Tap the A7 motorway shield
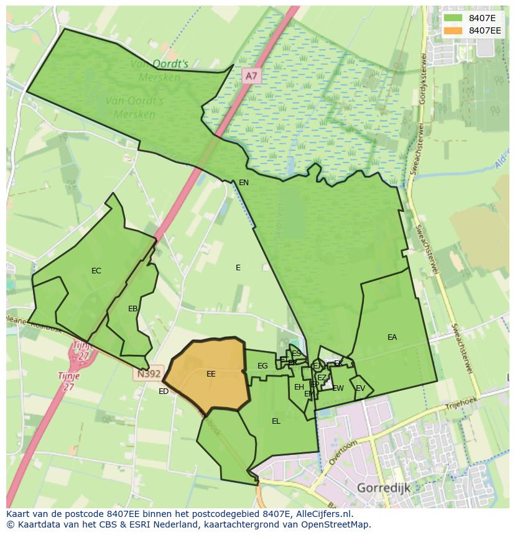(251, 76)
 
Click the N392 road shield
(148, 374)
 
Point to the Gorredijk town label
(383, 488)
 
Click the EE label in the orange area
(211, 374)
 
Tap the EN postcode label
(244, 183)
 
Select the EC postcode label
(96, 271)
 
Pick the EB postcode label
(132, 309)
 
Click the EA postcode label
(392, 337)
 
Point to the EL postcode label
(276, 421)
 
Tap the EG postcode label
(262, 366)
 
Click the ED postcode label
(164, 391)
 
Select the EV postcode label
(360, 389)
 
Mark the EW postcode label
(338, 389)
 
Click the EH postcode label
(299, 387)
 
